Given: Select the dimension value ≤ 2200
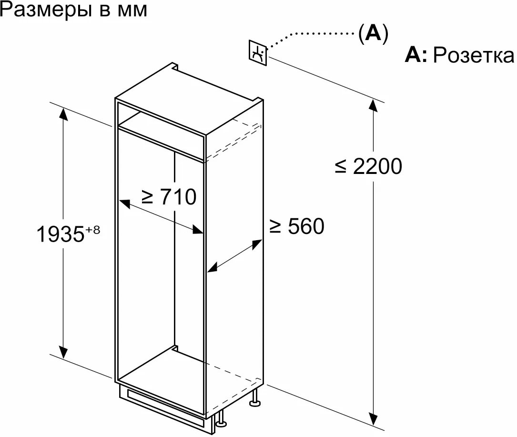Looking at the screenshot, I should click(x=368, y=166).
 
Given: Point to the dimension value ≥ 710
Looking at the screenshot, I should click(x=168, y=196).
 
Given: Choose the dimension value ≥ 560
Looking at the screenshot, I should click(x=296, y=226).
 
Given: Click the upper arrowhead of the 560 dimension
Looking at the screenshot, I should click(x=258, y=243).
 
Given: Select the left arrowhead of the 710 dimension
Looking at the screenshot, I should click(x=123, y=203).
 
